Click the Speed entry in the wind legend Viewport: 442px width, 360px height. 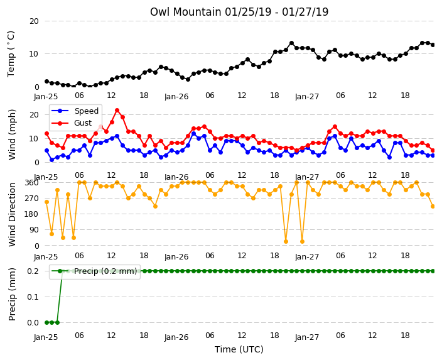click(86, 111)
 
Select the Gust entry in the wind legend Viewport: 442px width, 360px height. click(83, 123)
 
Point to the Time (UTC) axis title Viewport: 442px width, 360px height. click(239, 349)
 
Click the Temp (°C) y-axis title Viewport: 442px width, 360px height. click(11, 54)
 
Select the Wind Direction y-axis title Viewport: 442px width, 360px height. click(12, 214)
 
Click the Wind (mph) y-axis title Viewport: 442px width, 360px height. click(12, 134)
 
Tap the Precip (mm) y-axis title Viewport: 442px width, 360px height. click(12, 294)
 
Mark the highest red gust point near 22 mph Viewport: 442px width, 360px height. click(117, 111)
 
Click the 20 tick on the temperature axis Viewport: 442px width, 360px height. click(34, 21)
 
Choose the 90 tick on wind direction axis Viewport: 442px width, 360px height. click(34, 230)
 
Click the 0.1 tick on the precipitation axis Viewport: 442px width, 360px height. click(33, 297)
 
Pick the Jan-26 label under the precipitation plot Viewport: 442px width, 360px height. click(176, 337)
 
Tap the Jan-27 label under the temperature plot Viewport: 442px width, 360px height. click(307, 97)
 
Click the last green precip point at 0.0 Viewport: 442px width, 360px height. click(58, 322)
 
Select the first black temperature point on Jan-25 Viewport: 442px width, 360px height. click(47, 82)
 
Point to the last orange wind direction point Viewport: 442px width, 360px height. click(433, 207)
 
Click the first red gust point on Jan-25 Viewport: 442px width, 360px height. click(47, 133)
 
